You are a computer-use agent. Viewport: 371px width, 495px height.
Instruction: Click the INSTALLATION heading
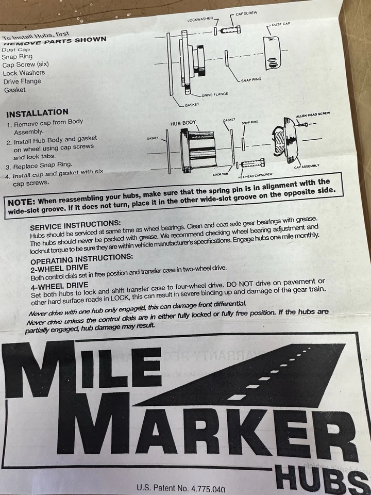tap(37, 112)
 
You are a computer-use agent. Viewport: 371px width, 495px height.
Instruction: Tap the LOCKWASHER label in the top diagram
tap(200, 19)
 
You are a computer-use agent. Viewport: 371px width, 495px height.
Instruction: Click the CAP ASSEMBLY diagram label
tap(307, 166)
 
